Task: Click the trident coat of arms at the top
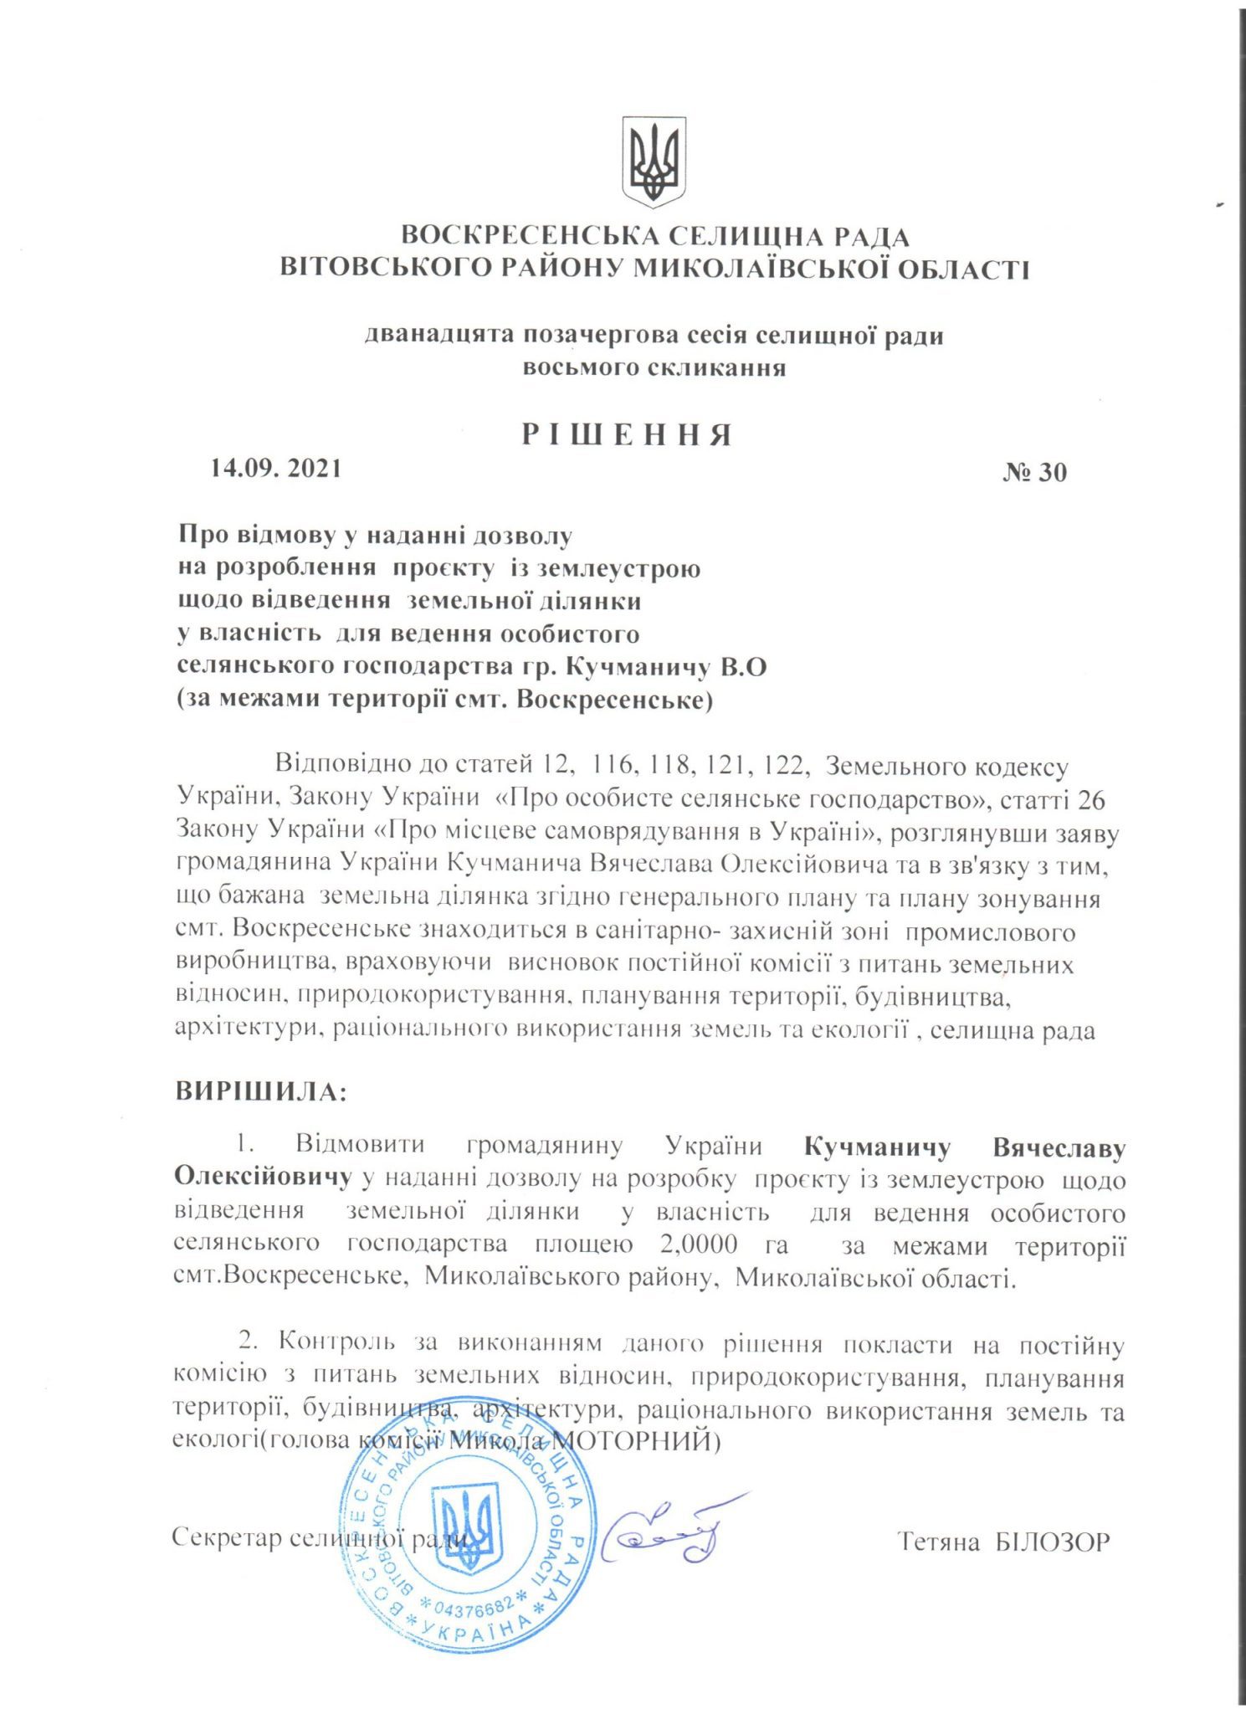coord(654,162)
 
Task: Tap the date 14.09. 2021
coord(276,468)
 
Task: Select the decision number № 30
coord(1035,473)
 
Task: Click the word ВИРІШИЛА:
coord(260,1092)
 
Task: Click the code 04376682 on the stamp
coord(474,1606)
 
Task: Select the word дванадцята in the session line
coord(438,336)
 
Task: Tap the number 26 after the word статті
coord(1091,801)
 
